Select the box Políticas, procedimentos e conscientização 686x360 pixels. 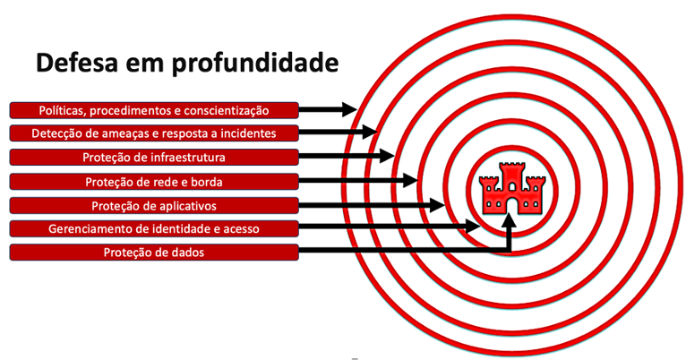coord(153,110)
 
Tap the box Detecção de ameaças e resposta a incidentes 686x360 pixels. coord(153,133)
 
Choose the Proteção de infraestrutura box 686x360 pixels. coord(153,158)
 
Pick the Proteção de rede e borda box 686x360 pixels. coord(153,182)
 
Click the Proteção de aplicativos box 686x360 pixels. coord(153,205)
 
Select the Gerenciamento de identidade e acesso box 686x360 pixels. coord(153,229)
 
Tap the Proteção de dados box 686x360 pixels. coord(153,253)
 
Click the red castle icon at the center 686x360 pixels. coord(512,188)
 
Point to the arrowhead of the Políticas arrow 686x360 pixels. coord(349,110)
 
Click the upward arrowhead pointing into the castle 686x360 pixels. coord(510,216)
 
